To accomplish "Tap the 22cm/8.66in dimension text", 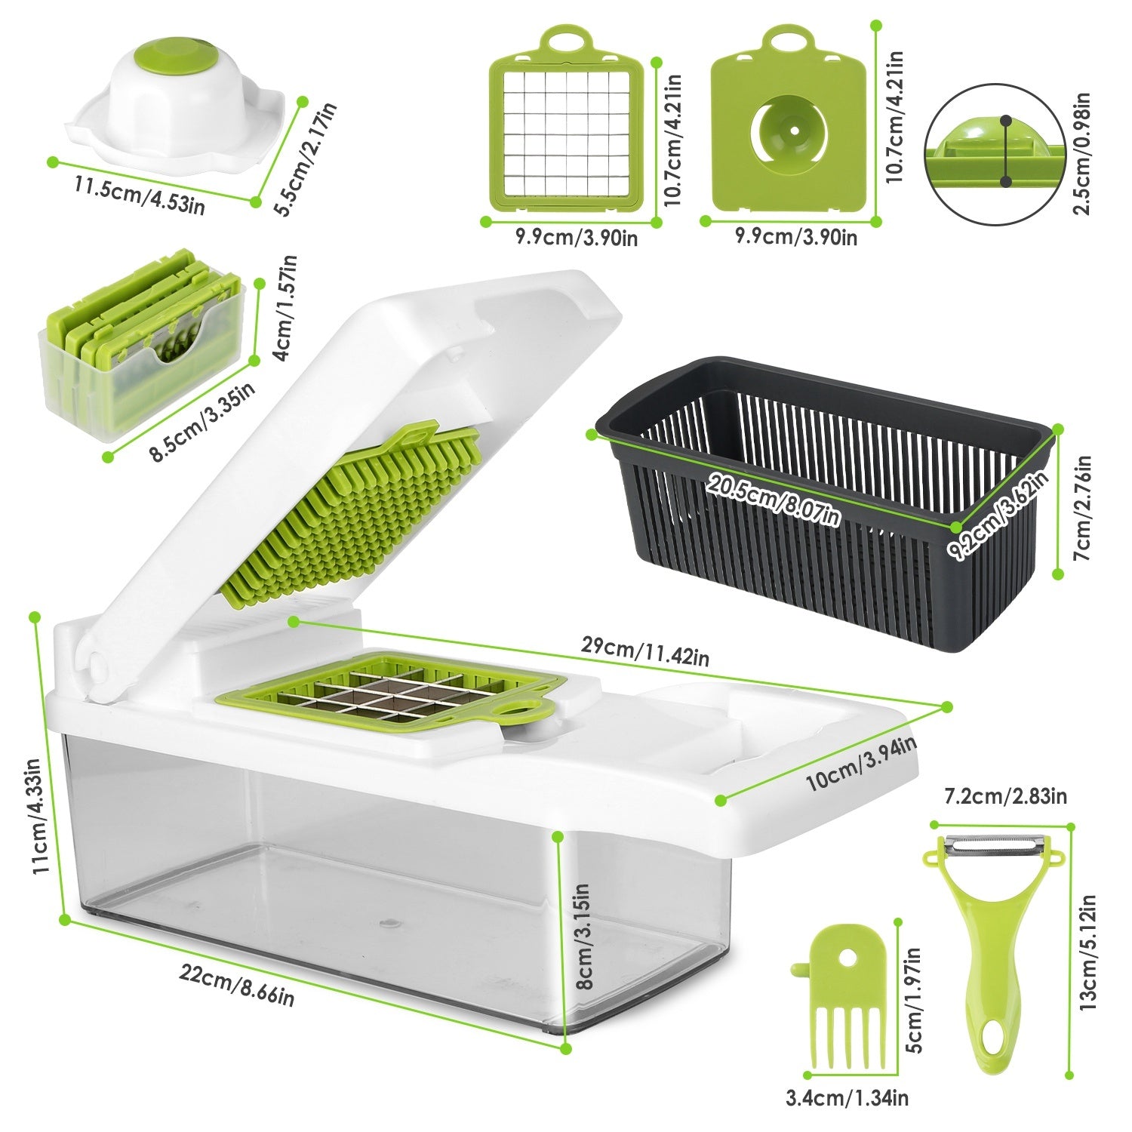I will [236, 984].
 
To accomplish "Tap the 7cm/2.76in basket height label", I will [1082, 506].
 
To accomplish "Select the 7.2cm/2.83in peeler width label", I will [1005, 796].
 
